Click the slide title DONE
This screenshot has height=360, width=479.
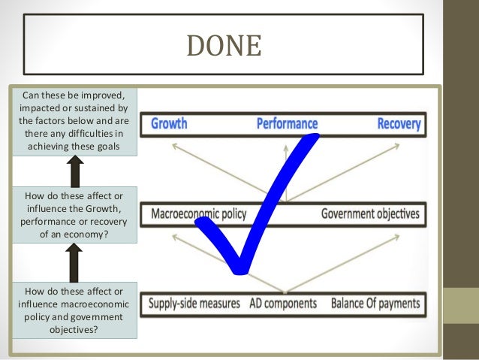(224, 47)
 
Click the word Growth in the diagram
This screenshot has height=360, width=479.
(169, 123)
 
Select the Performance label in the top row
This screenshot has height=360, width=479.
(287, 123)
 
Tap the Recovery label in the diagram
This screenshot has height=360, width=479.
(398, 123)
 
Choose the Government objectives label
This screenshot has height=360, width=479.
(370, 213)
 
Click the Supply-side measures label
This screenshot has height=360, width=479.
(194, 304)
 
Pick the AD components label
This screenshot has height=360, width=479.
(287, 304)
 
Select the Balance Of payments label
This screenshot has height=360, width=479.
(375, 304)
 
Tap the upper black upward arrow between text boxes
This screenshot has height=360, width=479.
(74, 172)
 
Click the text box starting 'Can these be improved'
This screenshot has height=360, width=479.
(74, 120)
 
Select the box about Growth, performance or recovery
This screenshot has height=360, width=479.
(74, 214)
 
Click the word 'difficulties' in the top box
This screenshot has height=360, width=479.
(95, 132)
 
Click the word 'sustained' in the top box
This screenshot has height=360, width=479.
(95, 107)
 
